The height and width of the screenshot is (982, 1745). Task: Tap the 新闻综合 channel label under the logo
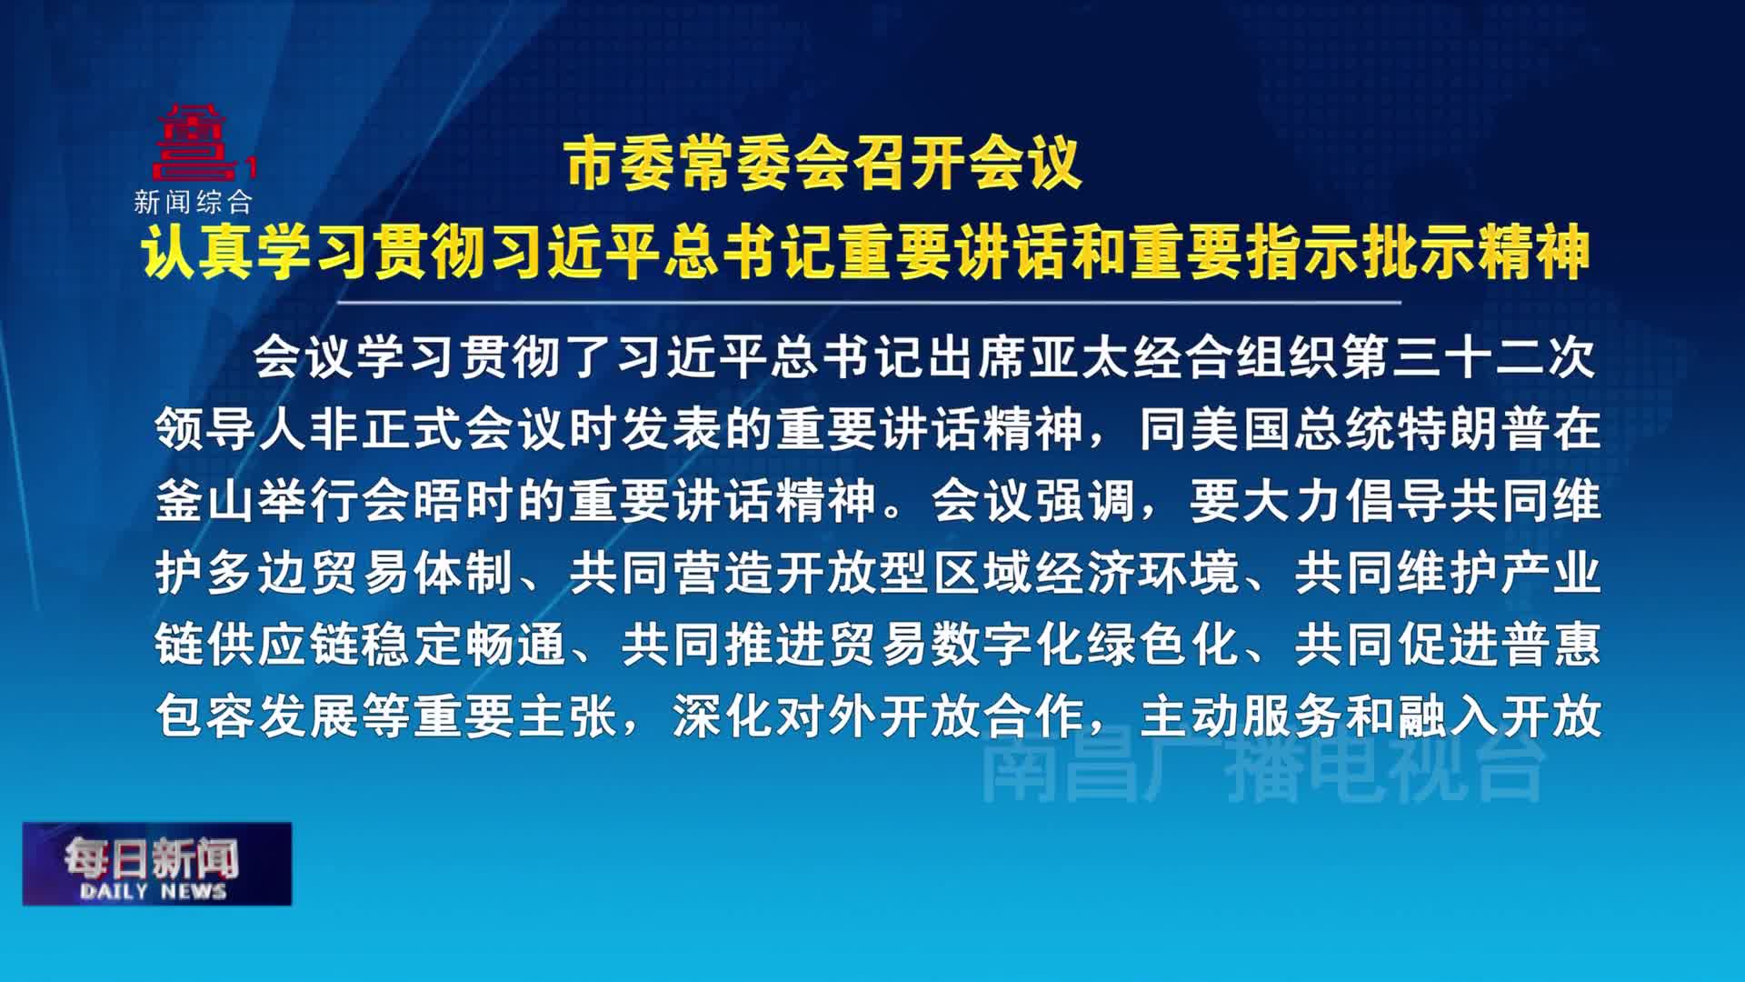193,201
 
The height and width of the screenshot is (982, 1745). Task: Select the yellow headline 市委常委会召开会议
823,165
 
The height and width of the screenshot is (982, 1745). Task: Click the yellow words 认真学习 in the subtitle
255,251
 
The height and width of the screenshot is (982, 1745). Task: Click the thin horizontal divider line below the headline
869,302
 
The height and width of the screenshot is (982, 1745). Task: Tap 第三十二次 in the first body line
1469,357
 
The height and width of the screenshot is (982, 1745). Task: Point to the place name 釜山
206,501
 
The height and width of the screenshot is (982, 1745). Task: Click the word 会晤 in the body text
414,501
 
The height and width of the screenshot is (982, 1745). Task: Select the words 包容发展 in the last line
258,716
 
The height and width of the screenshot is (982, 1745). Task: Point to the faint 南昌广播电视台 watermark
1263,769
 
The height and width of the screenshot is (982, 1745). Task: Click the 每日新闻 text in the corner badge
151,857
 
